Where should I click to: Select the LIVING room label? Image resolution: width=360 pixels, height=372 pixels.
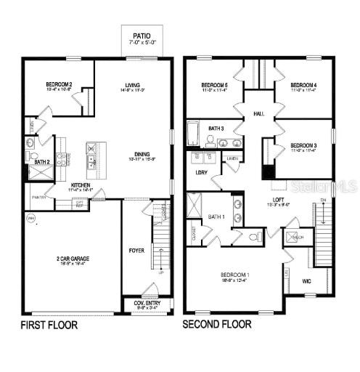point(132,86)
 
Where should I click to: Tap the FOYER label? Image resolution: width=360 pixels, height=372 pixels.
point(136,251)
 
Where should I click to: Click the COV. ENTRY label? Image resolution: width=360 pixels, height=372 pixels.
point(147,304)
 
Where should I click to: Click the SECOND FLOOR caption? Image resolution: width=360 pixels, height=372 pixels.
point(217,324)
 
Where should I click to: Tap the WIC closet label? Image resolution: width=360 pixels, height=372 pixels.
point(306,280)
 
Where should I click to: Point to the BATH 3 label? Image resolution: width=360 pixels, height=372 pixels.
point(216,129)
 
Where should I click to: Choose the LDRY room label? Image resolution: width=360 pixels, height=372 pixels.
point(202,173)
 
